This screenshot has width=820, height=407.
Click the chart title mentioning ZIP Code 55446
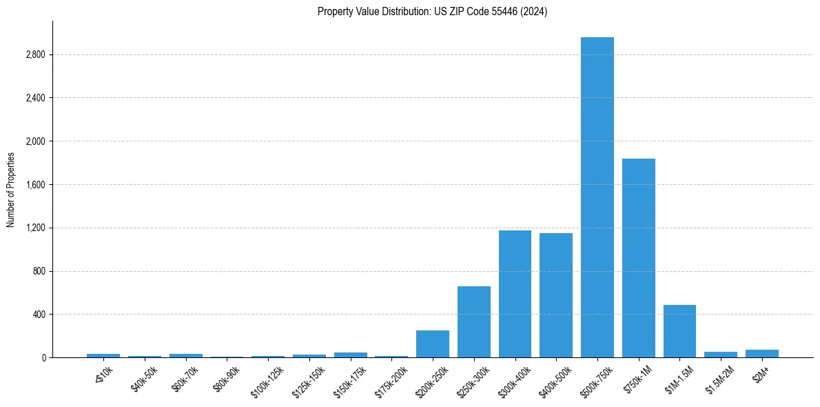tap(432, 12)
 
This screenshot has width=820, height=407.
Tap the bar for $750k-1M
tap(638, 258)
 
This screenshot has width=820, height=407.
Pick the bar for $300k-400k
tap(515, 294)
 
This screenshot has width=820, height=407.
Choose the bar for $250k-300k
tap(473, 322)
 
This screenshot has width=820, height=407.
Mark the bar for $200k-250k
tap(433, 344)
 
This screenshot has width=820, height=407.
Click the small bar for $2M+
tap(761, 353)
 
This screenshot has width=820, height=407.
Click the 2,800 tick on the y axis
tap(35, 55)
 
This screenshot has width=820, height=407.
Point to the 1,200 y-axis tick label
tap(35, 228)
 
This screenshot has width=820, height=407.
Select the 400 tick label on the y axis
tap(39, 315)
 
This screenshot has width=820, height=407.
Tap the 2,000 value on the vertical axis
tap(35, 141)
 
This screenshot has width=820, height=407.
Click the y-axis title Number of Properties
tap(11, 190)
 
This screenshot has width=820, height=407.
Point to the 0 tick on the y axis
tap(43, 358)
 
